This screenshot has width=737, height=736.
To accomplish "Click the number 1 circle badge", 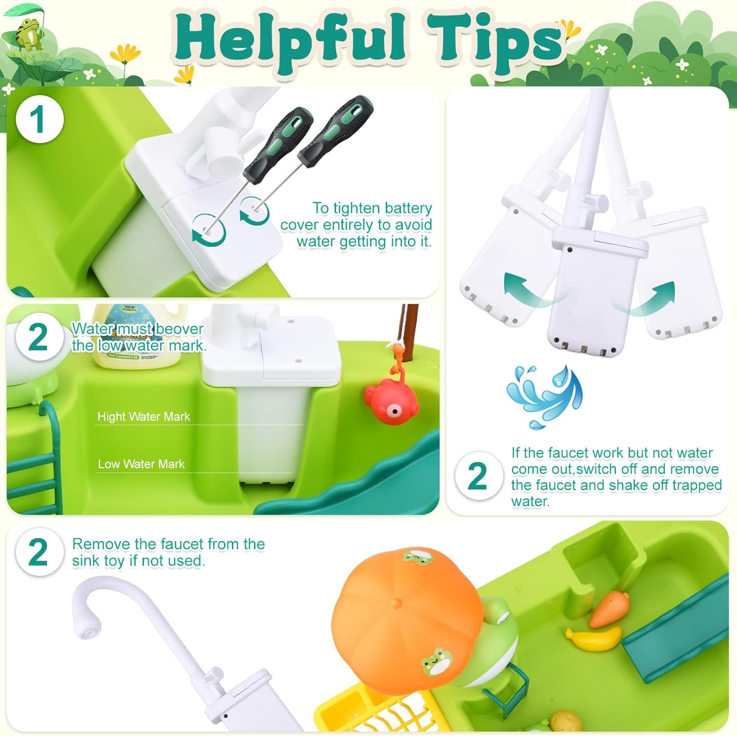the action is pyautogui.click(x=40, y=119).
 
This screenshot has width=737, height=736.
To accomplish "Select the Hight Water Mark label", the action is pyautogui.click(x=143, y=416).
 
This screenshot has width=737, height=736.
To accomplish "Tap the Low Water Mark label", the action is pyautogui.click(x=141, y=464).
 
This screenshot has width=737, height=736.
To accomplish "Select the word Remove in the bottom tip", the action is pyautogui.click(x=101, y=544).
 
